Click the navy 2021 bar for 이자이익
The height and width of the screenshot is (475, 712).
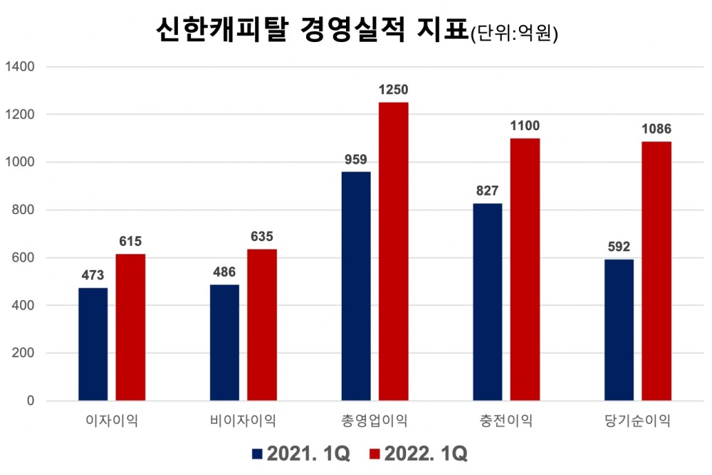point(93,344)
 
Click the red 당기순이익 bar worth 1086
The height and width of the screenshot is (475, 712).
point(656,271)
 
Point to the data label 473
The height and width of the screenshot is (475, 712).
point(93,276)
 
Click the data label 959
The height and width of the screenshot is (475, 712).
point(356,160)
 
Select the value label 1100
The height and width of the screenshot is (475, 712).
point(525,126)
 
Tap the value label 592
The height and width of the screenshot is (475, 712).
point(619,247)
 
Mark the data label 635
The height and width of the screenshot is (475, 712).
point(262,237)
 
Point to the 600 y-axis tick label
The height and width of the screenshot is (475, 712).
point(24,258)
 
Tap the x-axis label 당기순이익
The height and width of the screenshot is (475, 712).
point(637,421)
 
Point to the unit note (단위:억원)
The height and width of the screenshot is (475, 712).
point(514,33)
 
